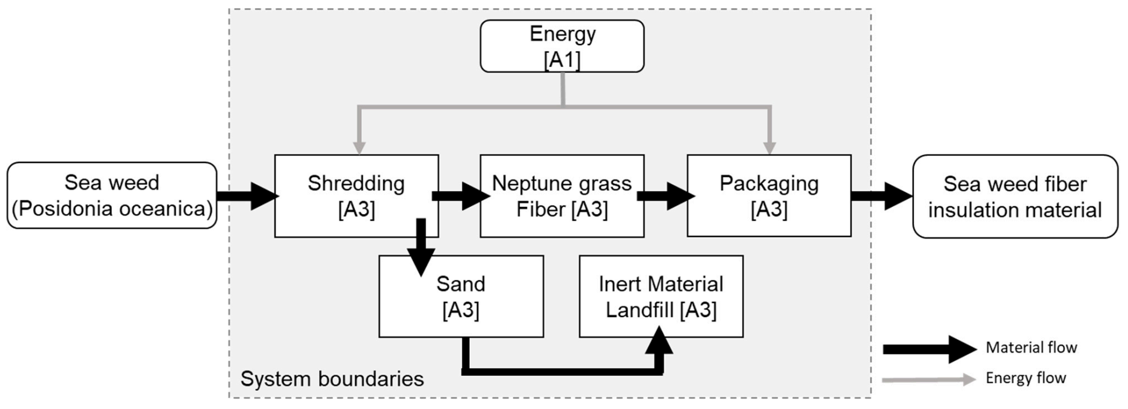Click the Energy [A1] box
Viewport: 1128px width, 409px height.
pyautogui.click(x=562, y=46)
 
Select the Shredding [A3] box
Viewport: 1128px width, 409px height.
pyautogui.click(x=356, y=196)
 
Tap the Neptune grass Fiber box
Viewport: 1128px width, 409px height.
pyautogui.click(x=562, y=196)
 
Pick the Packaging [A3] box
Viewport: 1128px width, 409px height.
pyautogui.click(x=769, y=196)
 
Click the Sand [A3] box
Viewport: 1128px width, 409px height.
pyautogui.click(x=461, y=297)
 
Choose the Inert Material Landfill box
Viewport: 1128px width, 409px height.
pyautogui.click(x=661, y=297)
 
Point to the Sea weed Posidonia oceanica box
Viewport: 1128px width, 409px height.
pyautogui.click(x=112, y=195)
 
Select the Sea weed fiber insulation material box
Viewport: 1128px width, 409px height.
pyautogui.click(x=1015, y=197)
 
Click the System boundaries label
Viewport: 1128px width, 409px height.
pyautogui.click(x=332, y=379)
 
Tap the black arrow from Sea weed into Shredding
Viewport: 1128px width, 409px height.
pyautogui.click(x=247, y=195)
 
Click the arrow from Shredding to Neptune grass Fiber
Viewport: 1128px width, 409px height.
pyautogui.click(x=461, y=196)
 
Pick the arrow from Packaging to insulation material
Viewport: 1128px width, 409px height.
pyautogui.click(x=882, y=196)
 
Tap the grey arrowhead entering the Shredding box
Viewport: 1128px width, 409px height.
pyautogui.click(x=359, y=147)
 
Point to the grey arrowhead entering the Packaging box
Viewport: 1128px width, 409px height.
pyautogui.click(x=769, y=147)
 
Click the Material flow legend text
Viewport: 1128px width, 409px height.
pyautogui.click(x=1031, y=348)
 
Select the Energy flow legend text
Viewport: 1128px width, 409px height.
pyautogui.click(x=1026, y=378)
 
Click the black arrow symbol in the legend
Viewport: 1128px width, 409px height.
pyautogui.click(x=929, y=349)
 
